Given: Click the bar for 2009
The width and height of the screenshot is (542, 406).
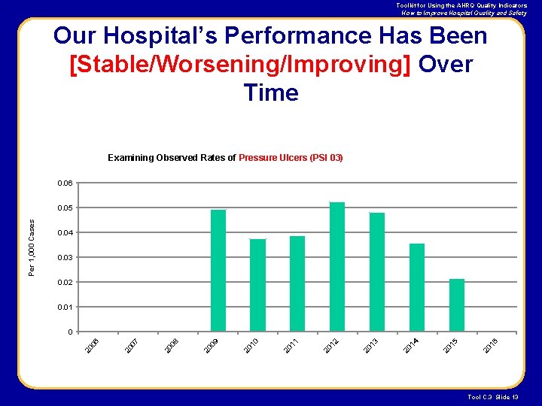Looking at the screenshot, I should [x=218, y=271].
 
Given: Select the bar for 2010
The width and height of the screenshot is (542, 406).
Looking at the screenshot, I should [x=257, y=285].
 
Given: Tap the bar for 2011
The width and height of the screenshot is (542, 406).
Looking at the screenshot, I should [x=297, y=283].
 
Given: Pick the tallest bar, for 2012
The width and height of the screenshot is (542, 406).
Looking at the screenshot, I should [x=337, y=267].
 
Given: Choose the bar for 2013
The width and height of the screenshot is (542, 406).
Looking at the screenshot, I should [x=377, y=272].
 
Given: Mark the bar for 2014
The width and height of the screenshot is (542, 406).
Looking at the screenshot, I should [x=417, y=287].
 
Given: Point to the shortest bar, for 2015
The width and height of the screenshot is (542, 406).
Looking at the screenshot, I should [x=457, y=305].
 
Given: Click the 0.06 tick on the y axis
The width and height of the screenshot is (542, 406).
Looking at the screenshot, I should [x=65, y=183].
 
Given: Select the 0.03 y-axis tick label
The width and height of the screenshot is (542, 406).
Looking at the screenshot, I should [x=65, y=258].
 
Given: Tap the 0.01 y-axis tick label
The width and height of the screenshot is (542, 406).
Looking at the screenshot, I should [x=65, y=308].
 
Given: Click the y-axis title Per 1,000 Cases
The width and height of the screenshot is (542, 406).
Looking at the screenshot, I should [x=32, y=247].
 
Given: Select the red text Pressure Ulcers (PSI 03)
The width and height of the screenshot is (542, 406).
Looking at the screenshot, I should [x=291, y=158].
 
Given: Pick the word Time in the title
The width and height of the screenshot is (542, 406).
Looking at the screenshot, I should [x=271, y=93].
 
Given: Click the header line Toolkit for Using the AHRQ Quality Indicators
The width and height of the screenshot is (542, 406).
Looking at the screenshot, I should [x=462, y=5].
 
